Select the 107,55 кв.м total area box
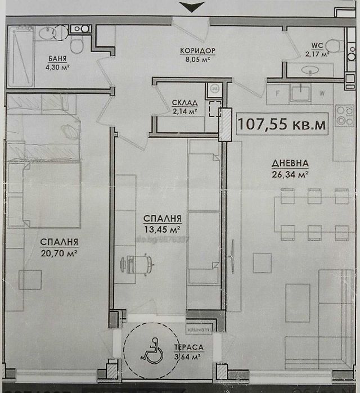coord(282,124)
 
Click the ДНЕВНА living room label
coord(290,163)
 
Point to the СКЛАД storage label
coord(185,102)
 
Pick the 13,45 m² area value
coord(161,229)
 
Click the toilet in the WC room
coord(335,46)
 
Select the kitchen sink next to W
coord(301,92)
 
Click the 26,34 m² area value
coord(290,173)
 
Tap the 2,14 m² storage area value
coord(185,111)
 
